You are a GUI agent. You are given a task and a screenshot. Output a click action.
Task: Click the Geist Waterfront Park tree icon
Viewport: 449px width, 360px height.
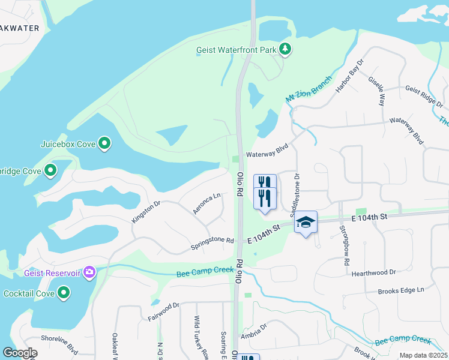click(286, 49)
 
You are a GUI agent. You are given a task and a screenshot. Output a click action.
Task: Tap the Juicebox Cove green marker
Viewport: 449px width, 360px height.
click(104, 143)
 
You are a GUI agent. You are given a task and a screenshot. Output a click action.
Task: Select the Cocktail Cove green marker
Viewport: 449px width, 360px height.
click(64, 293)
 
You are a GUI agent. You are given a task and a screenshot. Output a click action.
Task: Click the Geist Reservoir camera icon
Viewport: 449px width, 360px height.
click(90, 272)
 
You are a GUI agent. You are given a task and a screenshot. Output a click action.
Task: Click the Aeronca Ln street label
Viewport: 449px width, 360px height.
click(206, 205)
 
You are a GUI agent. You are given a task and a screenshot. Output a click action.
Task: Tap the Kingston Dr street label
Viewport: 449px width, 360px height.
click(146, 212)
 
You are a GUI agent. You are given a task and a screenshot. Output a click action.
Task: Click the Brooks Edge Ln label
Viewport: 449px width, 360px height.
click(400, 290)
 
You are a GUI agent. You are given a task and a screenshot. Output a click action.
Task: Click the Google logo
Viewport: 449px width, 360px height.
click(20, 353)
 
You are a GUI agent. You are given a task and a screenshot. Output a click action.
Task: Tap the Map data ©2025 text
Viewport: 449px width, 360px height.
click(423, 355)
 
